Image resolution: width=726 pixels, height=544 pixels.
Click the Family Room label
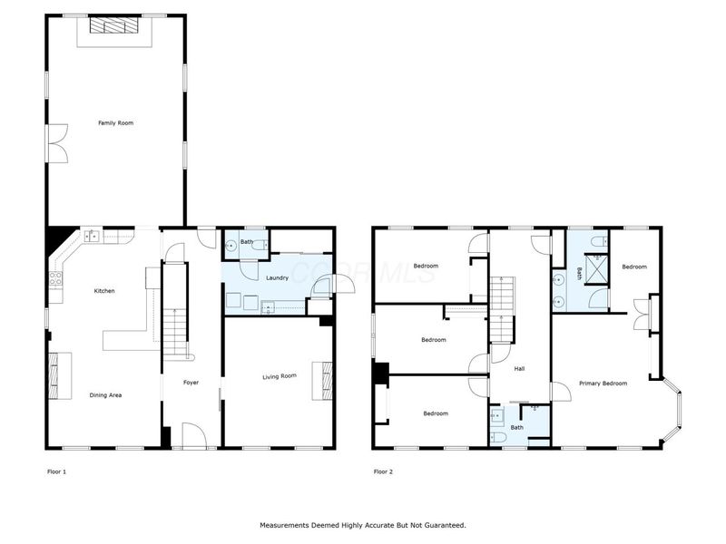(116, 121)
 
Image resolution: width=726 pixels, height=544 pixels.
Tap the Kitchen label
(104, 290)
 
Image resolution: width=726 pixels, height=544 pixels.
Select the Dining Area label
(105, 394)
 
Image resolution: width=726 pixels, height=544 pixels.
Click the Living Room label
(280, 375)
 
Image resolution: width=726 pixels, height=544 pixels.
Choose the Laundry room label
(277, 277)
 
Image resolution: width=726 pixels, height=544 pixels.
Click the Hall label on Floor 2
(520, 369)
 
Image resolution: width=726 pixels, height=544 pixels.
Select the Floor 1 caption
(56, 471)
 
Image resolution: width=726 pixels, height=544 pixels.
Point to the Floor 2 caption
(384, 471)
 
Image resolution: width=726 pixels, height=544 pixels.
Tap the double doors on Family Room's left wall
(56, 143)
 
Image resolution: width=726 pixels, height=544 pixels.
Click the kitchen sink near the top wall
(92, 237)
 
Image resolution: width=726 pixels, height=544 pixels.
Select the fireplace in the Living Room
(322, 380)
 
